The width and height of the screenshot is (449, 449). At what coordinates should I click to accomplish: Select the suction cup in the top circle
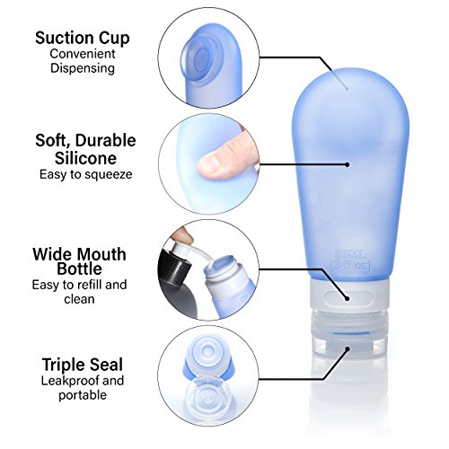click(199, 55)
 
